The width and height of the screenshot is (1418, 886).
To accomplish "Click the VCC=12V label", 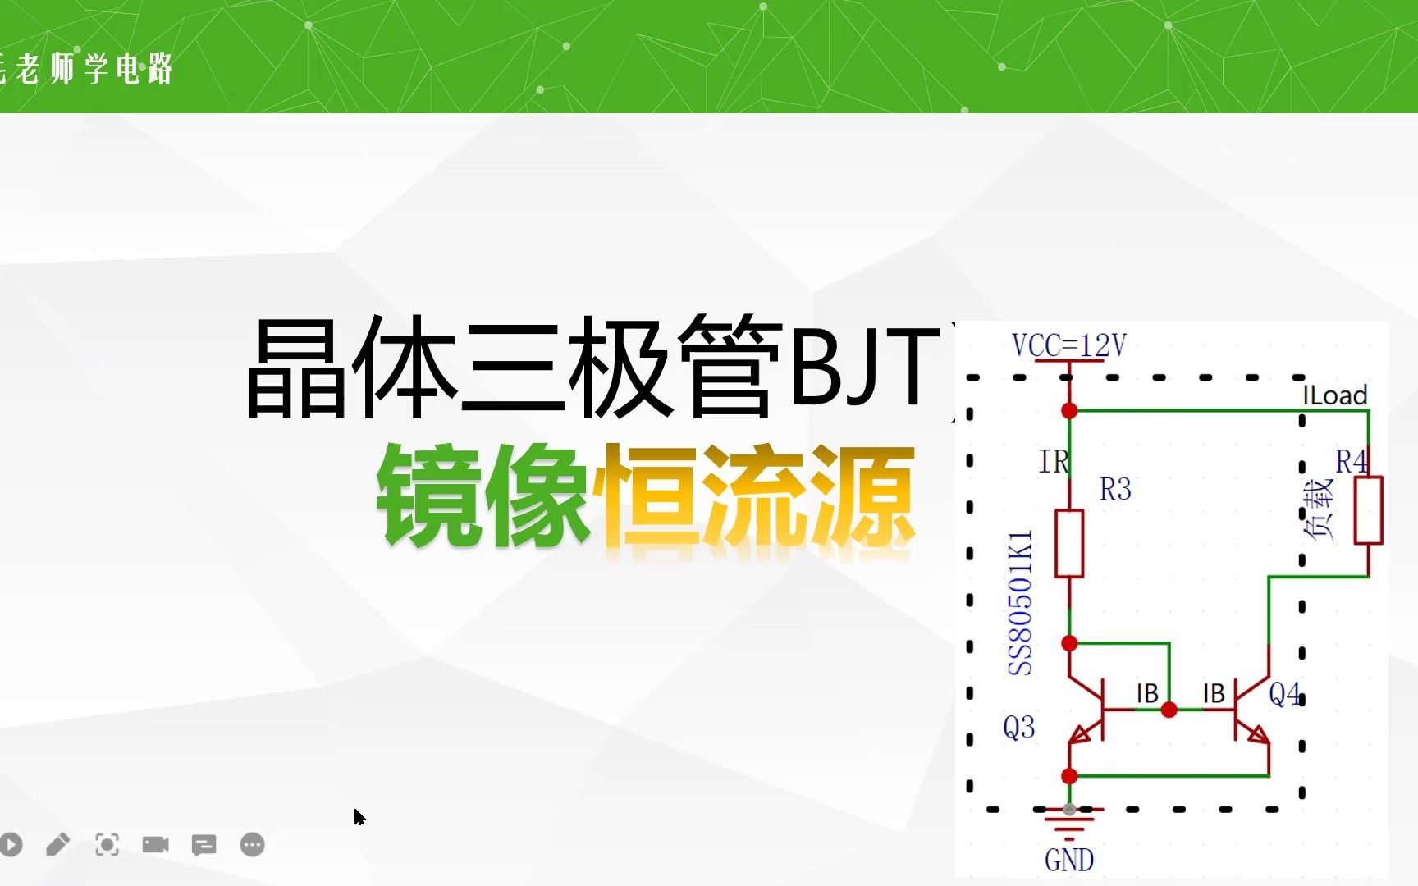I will pos(1068,345).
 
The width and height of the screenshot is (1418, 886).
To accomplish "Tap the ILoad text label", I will pos(1334,395).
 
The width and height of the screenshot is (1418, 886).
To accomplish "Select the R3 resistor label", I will pos(1115,490).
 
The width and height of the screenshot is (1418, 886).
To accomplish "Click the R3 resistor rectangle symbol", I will pos(1069,543).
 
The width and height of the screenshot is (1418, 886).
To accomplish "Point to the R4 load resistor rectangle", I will pos(1368,509).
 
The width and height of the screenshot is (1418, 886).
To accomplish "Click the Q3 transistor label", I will pos(1018,728).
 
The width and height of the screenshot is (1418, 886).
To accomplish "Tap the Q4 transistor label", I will pos(1284,695).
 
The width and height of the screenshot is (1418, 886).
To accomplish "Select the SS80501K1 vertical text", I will pos(1020,603).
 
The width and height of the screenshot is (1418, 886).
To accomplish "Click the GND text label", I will pos(1068,861).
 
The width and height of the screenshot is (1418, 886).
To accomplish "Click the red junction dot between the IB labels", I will pos(1169,710).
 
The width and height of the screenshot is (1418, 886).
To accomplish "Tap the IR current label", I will pos(1054,462).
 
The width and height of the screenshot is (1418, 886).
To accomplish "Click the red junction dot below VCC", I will pos(1069,410).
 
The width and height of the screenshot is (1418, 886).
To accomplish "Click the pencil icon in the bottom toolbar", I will pos(58,844).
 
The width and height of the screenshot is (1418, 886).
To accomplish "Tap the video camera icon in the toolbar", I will pos(155,844).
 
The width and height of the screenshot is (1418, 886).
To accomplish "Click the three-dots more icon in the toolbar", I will pos(253,844).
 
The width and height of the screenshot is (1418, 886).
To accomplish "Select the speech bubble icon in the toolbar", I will pos(204,844).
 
